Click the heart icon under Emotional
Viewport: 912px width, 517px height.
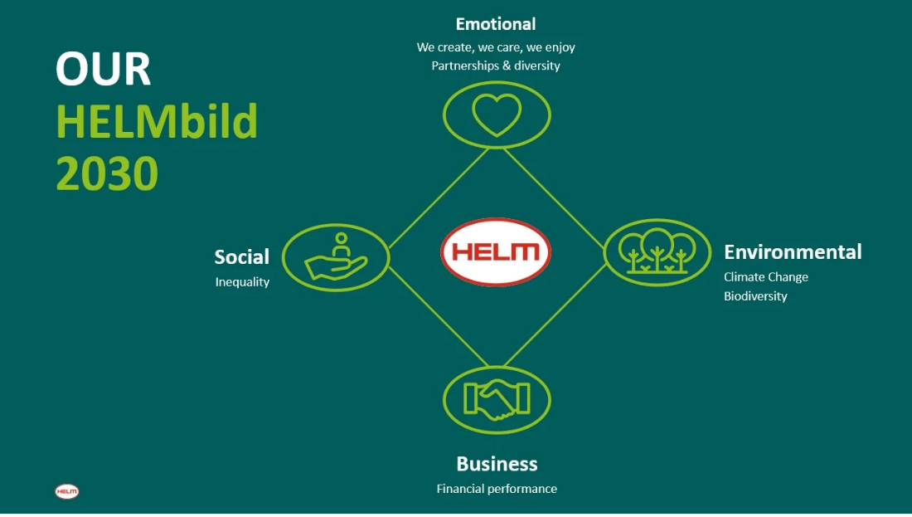coord(497,114)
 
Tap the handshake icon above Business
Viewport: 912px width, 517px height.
coord(497,400)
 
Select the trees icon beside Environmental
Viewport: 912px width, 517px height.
coord(657,251)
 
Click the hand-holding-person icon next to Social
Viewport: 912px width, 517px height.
coord(336,256)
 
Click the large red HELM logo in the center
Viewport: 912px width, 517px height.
coord(496,252)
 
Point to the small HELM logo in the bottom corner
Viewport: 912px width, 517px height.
coord(67,491)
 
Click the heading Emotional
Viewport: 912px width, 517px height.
coord(496,24)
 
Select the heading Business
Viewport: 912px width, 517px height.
coord(497,464)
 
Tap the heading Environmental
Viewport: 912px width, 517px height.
coord(793,251)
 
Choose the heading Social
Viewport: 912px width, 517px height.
coord(242,257)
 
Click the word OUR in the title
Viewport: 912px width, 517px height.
coord(104,70)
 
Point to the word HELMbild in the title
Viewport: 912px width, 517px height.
coord(157,123)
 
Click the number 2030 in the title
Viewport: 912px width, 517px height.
coord(107,174)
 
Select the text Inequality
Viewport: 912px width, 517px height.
coord(242,282)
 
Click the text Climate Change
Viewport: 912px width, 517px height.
coord(765,277)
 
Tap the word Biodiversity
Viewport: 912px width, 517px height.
coord(755,296)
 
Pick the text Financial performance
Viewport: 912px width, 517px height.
coord(497,489)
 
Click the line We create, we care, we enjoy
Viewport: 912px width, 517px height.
coord(496,47)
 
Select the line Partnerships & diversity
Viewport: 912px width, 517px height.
coord(496,66)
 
